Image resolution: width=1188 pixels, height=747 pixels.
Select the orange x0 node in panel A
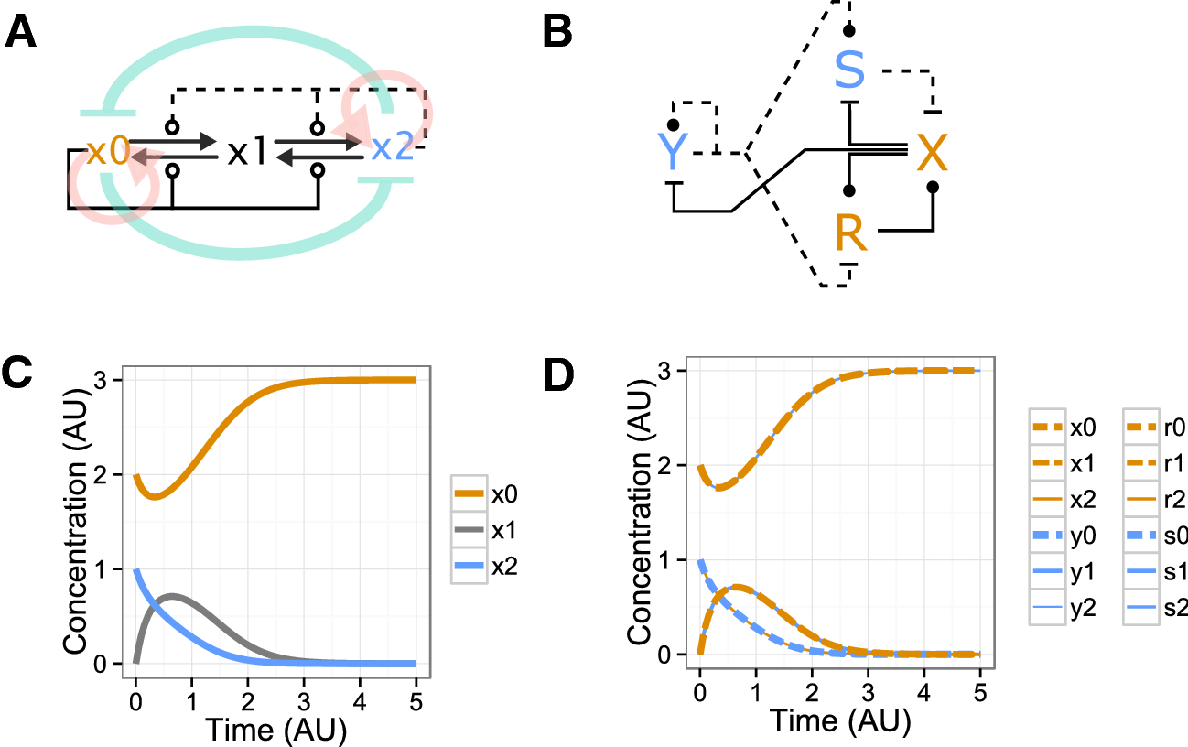106,150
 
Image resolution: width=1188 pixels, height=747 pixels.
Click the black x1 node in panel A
247,151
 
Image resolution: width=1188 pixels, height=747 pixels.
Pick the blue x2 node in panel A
393,146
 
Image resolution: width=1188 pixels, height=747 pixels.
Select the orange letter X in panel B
932,153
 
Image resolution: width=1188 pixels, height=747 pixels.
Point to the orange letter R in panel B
851,234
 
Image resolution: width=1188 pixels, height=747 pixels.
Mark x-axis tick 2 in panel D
812,692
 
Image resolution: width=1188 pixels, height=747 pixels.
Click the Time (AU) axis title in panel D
840,722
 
